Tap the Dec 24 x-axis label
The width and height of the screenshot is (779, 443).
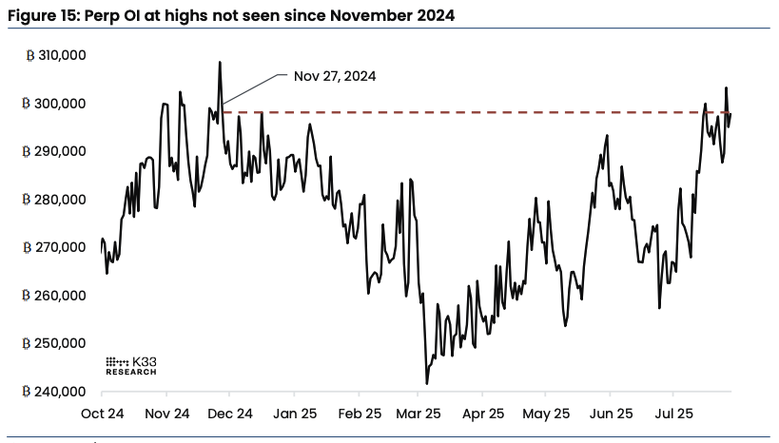click(230, 414)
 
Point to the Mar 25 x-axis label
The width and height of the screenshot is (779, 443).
click(420, 414)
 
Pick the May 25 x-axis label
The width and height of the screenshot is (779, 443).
click(546, 414)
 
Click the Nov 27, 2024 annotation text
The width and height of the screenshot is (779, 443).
click(335, 76)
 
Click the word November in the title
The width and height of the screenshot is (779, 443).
click(349, 14)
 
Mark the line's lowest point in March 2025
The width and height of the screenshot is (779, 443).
click(427, 383)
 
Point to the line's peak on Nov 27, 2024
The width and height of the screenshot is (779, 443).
click(220, 63)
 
